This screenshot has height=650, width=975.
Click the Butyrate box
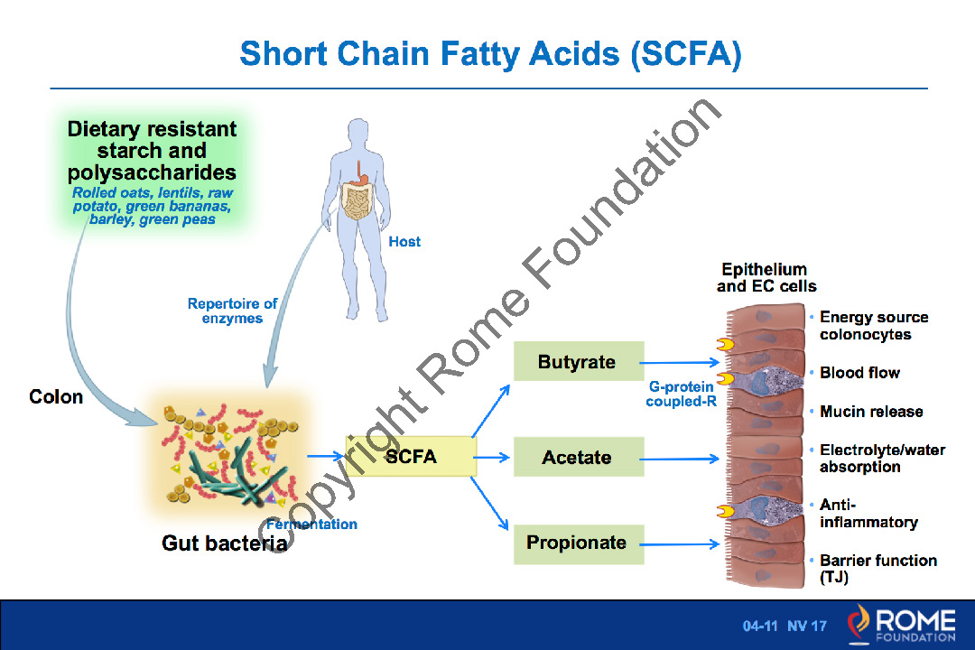tap(578, 362)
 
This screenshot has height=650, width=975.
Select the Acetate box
tap(578, 457)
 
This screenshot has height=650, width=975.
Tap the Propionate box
tap(578, 543)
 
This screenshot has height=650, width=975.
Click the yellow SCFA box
tap(412, 457)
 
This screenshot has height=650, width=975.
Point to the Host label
tap(404, 242)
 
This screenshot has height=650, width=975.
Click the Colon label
tap(56, 397)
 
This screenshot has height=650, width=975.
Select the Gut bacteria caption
tap(224, 543)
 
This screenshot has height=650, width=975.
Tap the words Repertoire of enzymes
tap(232, 311)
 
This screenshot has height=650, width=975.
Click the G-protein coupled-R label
tap(681, 394)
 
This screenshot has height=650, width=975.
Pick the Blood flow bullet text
tap(859, 373)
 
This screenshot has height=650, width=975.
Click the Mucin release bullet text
tap(871, 412)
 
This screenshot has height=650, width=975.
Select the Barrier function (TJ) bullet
tap(877, 569)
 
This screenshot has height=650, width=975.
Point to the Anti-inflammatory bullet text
tap(868, 514)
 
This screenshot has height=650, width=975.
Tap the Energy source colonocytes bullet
tap(873, 326)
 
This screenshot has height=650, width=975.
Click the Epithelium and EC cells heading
tap(766, 278)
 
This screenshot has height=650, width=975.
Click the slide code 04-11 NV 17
tap(785, 626)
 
